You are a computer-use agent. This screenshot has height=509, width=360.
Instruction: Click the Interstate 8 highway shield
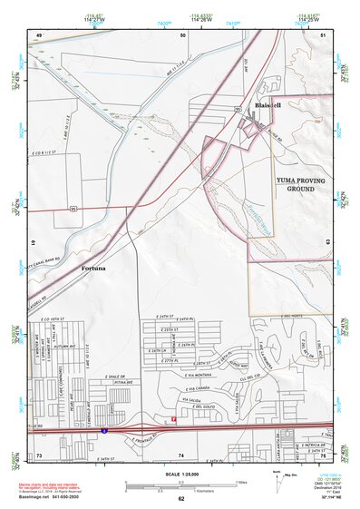(105, 432)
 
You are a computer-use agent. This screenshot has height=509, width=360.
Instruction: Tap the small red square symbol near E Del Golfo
(173, 419)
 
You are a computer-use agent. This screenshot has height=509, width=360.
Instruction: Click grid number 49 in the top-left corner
(39, 34)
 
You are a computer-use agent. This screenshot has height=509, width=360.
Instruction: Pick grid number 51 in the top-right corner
(324, 34)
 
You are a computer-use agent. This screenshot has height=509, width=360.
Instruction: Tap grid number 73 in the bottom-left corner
(39, 455)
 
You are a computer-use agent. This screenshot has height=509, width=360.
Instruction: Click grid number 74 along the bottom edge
(181, 455)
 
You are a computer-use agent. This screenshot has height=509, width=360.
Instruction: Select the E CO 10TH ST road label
(57, 320)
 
